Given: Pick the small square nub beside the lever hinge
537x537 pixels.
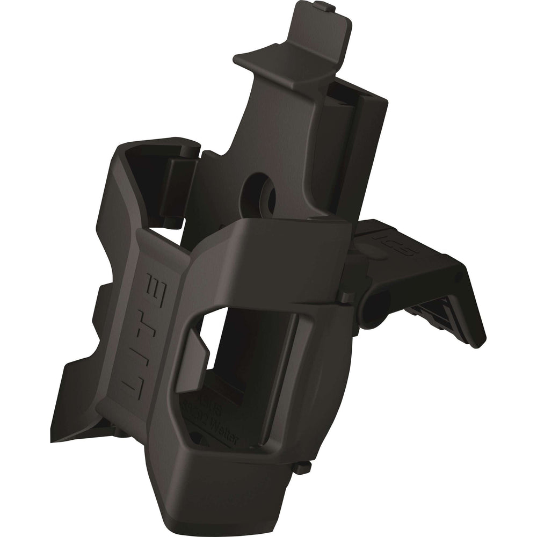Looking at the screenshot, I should click(346, 296).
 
